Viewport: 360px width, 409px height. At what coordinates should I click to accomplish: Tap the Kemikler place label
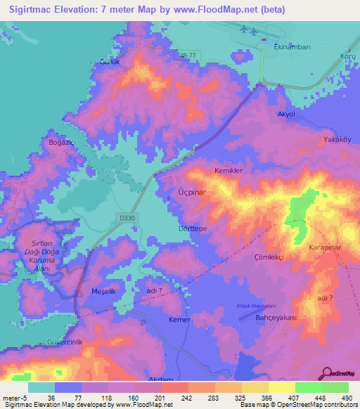229,171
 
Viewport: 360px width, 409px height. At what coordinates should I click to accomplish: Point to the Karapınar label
325,249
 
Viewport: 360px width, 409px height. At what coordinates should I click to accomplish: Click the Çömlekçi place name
269,257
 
